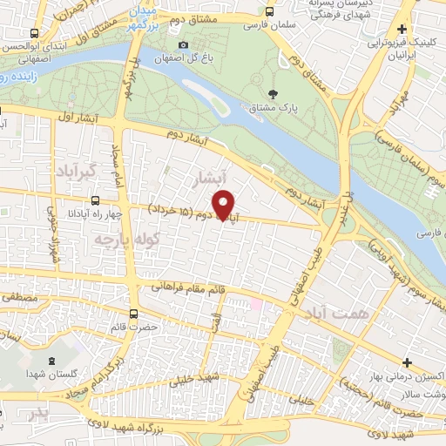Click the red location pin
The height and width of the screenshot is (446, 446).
point(225,204)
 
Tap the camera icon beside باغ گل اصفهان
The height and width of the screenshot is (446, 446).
point(182,45)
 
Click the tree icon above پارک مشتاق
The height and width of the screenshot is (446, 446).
point(274,94)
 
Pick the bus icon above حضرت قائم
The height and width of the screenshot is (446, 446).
point(133,314)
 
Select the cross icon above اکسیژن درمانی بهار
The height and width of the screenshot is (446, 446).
point(407,362)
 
